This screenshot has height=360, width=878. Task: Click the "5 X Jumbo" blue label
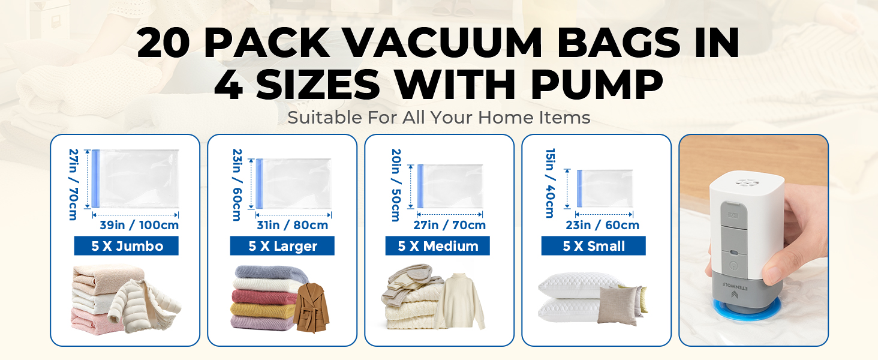127,246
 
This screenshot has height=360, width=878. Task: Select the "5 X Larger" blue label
282,246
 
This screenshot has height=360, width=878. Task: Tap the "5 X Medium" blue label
438,246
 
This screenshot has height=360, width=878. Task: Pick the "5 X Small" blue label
594,246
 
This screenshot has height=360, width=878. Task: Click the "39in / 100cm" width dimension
139,226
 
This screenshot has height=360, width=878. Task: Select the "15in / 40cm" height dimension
549,183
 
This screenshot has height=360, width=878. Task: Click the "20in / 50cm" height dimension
395,185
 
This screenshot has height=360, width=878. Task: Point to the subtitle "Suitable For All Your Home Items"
439,118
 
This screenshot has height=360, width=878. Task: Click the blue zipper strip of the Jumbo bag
95,179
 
